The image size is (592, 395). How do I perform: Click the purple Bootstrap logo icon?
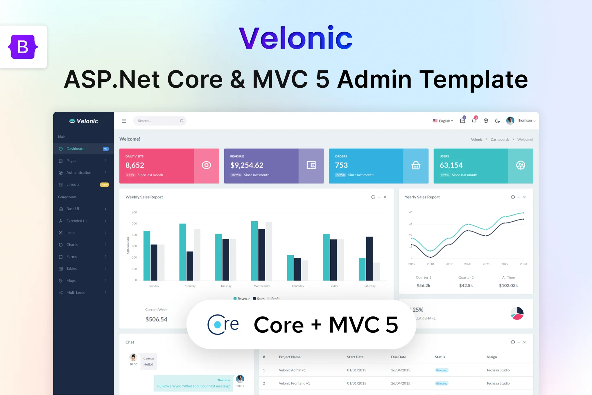point(23,47)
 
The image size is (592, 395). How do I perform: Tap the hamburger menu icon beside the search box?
point(124,121)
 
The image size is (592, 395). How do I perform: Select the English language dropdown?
point(443,121)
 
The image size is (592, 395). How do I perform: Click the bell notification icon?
point(474,121)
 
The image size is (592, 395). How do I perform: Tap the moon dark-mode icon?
point(497,121)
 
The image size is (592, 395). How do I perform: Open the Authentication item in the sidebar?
point(79,172)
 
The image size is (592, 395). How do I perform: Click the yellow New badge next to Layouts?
point(104,185)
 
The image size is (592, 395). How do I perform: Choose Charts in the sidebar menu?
point(72,245)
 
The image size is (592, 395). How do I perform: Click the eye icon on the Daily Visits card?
point(206,165)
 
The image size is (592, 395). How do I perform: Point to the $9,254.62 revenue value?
point(247,165)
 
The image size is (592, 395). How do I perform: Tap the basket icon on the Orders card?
point(416,166)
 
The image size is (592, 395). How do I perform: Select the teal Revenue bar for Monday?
point(183,252)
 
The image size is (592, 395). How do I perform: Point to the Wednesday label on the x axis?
point(262,286)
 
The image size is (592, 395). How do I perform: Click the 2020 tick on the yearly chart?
point(467,264)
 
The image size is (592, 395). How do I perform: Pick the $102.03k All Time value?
point(508,286)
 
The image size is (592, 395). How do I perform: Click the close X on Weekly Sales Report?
point(385,197)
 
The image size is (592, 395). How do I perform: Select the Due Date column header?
point(398,357)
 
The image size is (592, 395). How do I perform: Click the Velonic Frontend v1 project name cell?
point(294,383)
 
